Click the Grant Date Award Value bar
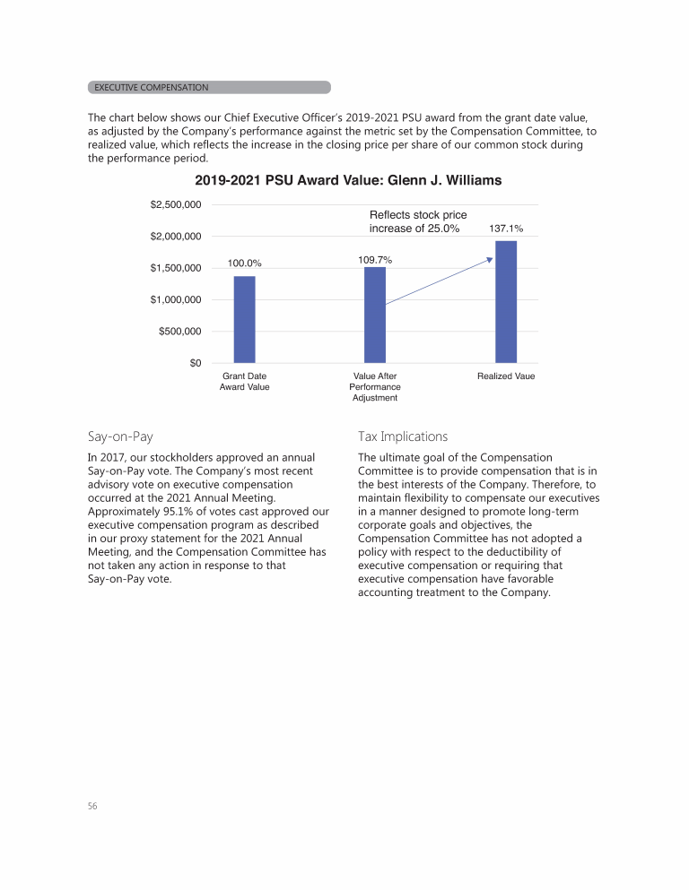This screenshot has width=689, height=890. pyautogui.click(x=244, y=319)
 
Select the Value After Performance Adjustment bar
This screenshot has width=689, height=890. pyautogui.click(x=375, y=315)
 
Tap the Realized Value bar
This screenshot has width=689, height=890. pyautogui.click(x=506, y=302)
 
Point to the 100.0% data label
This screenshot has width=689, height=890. pyautogui.click(x=244, y=264)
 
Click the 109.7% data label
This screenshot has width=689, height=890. pyautogui.click(x=374, y=259)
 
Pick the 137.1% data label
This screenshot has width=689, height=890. pyautogui.click(x=506, y=229)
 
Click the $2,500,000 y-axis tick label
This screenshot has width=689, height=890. pyautogui.click(x=175, y=205)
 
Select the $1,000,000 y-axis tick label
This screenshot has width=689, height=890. pyautogui.click(x=175, y=299)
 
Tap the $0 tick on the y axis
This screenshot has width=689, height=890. pyautogui.click(x=194, y=363)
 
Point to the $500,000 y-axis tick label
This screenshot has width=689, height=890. pyautogui.click(x=179, y=332)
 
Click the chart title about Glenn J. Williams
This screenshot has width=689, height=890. pyautogui.click(x=348, y=181)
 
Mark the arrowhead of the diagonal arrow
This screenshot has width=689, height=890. pyautogui.click(x=490, y=260)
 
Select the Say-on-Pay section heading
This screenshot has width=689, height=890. pyautogui.click(x=120, y=436)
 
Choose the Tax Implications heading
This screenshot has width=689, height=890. pyautogui.click(x=402, y=436)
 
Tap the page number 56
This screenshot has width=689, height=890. pyautogui.click(x=92, y=806)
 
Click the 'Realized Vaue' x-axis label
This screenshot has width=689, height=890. pyautogui.click(x=506, y=376)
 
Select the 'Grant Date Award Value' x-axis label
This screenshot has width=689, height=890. pyautogui.click(x=244, y=382)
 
